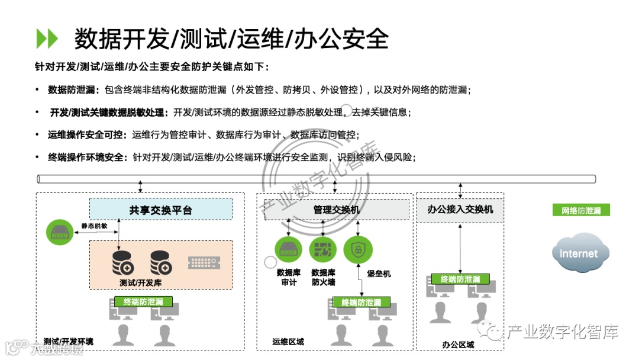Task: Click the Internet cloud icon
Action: tap(579, 253)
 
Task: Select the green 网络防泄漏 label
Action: tap(580, 210)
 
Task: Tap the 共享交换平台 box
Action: tap(160, 210)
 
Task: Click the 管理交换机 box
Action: tap(335, 210)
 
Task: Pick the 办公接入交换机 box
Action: tap(460, 210)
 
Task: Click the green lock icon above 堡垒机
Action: tap(358, 249)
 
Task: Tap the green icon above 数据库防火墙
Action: tap(322, 249)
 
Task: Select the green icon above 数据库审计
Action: tap(289, 249)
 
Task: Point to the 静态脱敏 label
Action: tap(95, 226)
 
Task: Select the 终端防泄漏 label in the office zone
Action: tap(460, 279)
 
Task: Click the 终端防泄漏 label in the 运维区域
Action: tap(361, 302)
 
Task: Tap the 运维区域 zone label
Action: tap(288, 342)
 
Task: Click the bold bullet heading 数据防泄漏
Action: tap(74, 90)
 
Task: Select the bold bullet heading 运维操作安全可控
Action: tap(87, 135)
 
